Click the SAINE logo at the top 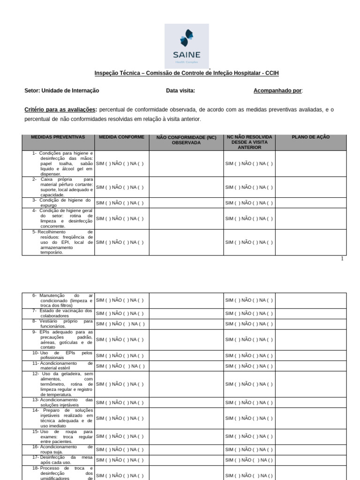[x=187, y=46]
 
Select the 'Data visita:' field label [x=180, y=90]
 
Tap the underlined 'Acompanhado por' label [x=277, y=90]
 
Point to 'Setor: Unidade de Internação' [x=62, y=90]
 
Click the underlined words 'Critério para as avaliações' [x=60, y=110]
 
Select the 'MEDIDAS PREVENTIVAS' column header [x=58, y=137]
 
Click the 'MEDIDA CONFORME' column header [x=121, y=137]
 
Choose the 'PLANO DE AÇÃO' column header [x=310, y=137]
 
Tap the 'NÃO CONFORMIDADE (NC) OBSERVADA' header [x=186, y=140]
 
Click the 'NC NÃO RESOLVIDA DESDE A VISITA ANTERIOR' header [x=249, y=142]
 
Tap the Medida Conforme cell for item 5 [x=120, y=242]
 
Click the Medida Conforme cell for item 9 [x=120, y=339]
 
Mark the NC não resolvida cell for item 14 [x=249, y=418]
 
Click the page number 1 [x=342, y=259]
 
